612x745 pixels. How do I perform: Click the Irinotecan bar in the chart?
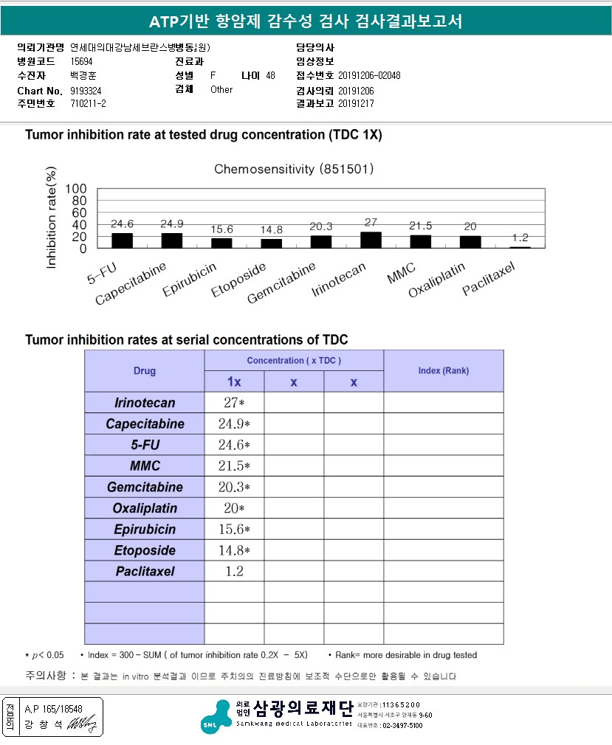click(x=371, y=240)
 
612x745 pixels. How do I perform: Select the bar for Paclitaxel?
click(x=520, y=248)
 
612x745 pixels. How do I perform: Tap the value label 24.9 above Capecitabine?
click(x=171, y=223)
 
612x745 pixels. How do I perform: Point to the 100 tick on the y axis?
click(x=76, y=189)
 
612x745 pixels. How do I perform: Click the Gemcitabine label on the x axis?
click(x=283, y=283)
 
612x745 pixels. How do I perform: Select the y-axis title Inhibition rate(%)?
click(x=52, y=219)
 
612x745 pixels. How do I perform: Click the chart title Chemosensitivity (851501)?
click(x=294, y=170)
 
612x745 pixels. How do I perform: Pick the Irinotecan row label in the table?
click(x=145, y=403)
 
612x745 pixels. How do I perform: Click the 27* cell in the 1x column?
click(x=234, y=403)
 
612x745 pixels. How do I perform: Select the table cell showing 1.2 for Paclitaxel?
click(x=234, y=571)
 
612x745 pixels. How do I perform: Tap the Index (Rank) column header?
click(x=443, y=370)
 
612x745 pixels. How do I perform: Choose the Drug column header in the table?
click(x=145, y=370)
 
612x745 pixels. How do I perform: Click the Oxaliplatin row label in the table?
click(x=145, y=508)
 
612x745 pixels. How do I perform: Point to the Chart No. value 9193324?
click(x=87, y=90)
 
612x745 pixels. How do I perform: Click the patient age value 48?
click(x=270, y=76)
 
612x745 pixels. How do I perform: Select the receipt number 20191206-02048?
click(x=369, y=76)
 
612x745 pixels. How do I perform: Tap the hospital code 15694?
click(x=82, y=62)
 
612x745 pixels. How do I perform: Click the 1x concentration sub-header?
click(x=234, y=381)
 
